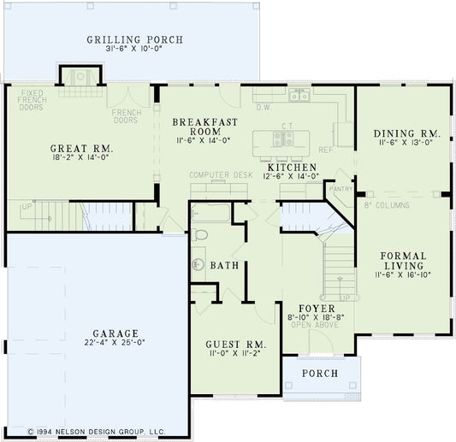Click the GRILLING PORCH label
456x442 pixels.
[135, 40]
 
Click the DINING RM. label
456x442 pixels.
[406, 133]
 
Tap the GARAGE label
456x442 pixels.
[118, 333]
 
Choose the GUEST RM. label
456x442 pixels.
[236, 345]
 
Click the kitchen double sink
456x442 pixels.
[298, 97]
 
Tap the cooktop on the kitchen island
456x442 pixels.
[282, 138]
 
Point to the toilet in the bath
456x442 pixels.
[199, 233]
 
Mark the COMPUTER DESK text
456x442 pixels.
[222, 174]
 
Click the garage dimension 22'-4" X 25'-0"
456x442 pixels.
[118, 343]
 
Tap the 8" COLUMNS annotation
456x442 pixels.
[386, 205]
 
